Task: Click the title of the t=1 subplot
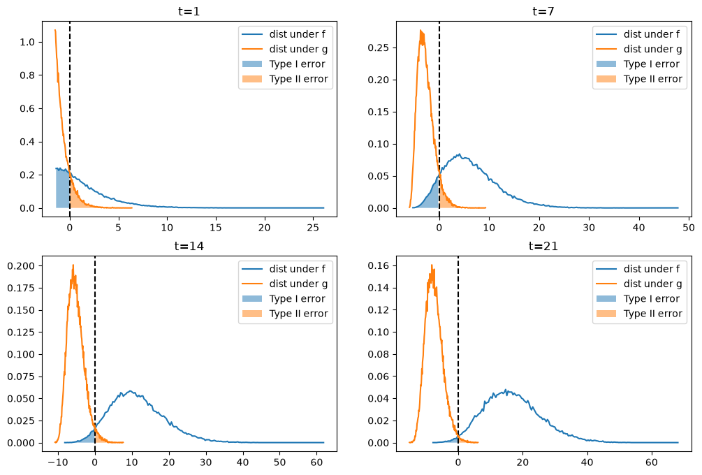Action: (x=189, y=10)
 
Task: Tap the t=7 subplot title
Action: (x=543, y=10)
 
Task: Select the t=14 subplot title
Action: (x=189, y=246)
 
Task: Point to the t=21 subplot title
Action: (x=543, y=246)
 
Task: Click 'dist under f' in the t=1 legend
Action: (x=298, y=34)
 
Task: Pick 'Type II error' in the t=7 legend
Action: (x=652, y=79)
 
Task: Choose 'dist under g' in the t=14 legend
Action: (x=298, y=284)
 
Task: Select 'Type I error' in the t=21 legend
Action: (x=652, y=298)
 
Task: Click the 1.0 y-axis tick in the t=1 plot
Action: (x=27, y=42)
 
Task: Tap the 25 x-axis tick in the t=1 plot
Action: (x=313, y=228)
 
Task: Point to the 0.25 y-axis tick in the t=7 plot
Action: (x=379, y=47)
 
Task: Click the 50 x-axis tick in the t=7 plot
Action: (x=689, y=228)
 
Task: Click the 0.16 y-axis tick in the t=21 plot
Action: (x=379, y=266)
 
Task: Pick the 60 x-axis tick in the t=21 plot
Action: (x=652, y=462)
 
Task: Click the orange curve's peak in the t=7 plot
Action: (x=421, y=31)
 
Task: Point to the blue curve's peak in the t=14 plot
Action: (x=131, y=391)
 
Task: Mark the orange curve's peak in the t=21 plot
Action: (x=432, y=265)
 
